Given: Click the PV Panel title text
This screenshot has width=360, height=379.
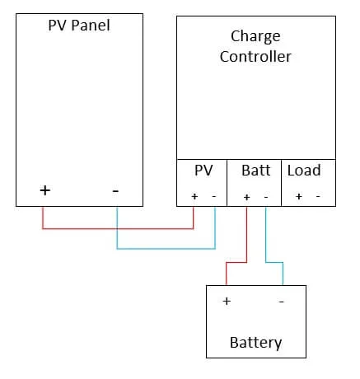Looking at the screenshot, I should (x=78, y=26).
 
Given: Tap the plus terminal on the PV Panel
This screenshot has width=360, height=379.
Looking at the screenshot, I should (x=44, y=190).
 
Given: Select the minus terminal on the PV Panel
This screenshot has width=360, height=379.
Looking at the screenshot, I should (x=115, y=190).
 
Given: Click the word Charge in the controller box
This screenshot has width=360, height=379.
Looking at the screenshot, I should (x=255, y=37).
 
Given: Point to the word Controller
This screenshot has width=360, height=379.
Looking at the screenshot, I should (x=255, y=57).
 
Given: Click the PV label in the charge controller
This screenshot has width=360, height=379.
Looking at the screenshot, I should (x=203, y=171).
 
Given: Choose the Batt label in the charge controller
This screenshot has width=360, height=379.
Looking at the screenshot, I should (x=255, y=171).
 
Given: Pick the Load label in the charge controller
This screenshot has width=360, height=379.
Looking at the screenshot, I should (x=304, y=171).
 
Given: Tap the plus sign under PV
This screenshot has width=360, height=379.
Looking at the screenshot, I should (x=194, y=197).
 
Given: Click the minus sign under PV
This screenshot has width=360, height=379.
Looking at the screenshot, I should (x=214, y=197).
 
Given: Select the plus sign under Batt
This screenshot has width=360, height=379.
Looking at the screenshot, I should (x=246, y=197).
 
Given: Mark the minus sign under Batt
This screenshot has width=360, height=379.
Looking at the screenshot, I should (x=265, y=197).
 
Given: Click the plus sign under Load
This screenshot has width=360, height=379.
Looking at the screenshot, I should (x=298, y=197).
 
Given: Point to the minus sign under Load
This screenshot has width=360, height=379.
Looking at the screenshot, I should (x=317, y=197).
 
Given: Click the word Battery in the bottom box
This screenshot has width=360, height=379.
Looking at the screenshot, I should (x=255, y=342).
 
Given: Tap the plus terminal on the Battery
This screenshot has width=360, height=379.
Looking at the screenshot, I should (x=226, y=302).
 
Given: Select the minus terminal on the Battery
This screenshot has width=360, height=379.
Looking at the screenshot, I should (x=282, y=302).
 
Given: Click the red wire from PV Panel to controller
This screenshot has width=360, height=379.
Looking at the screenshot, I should (x=115, y=228).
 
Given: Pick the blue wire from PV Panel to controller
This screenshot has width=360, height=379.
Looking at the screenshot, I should (x=165, y=248).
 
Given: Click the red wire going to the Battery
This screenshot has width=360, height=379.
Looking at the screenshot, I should (x=245, y=239).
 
